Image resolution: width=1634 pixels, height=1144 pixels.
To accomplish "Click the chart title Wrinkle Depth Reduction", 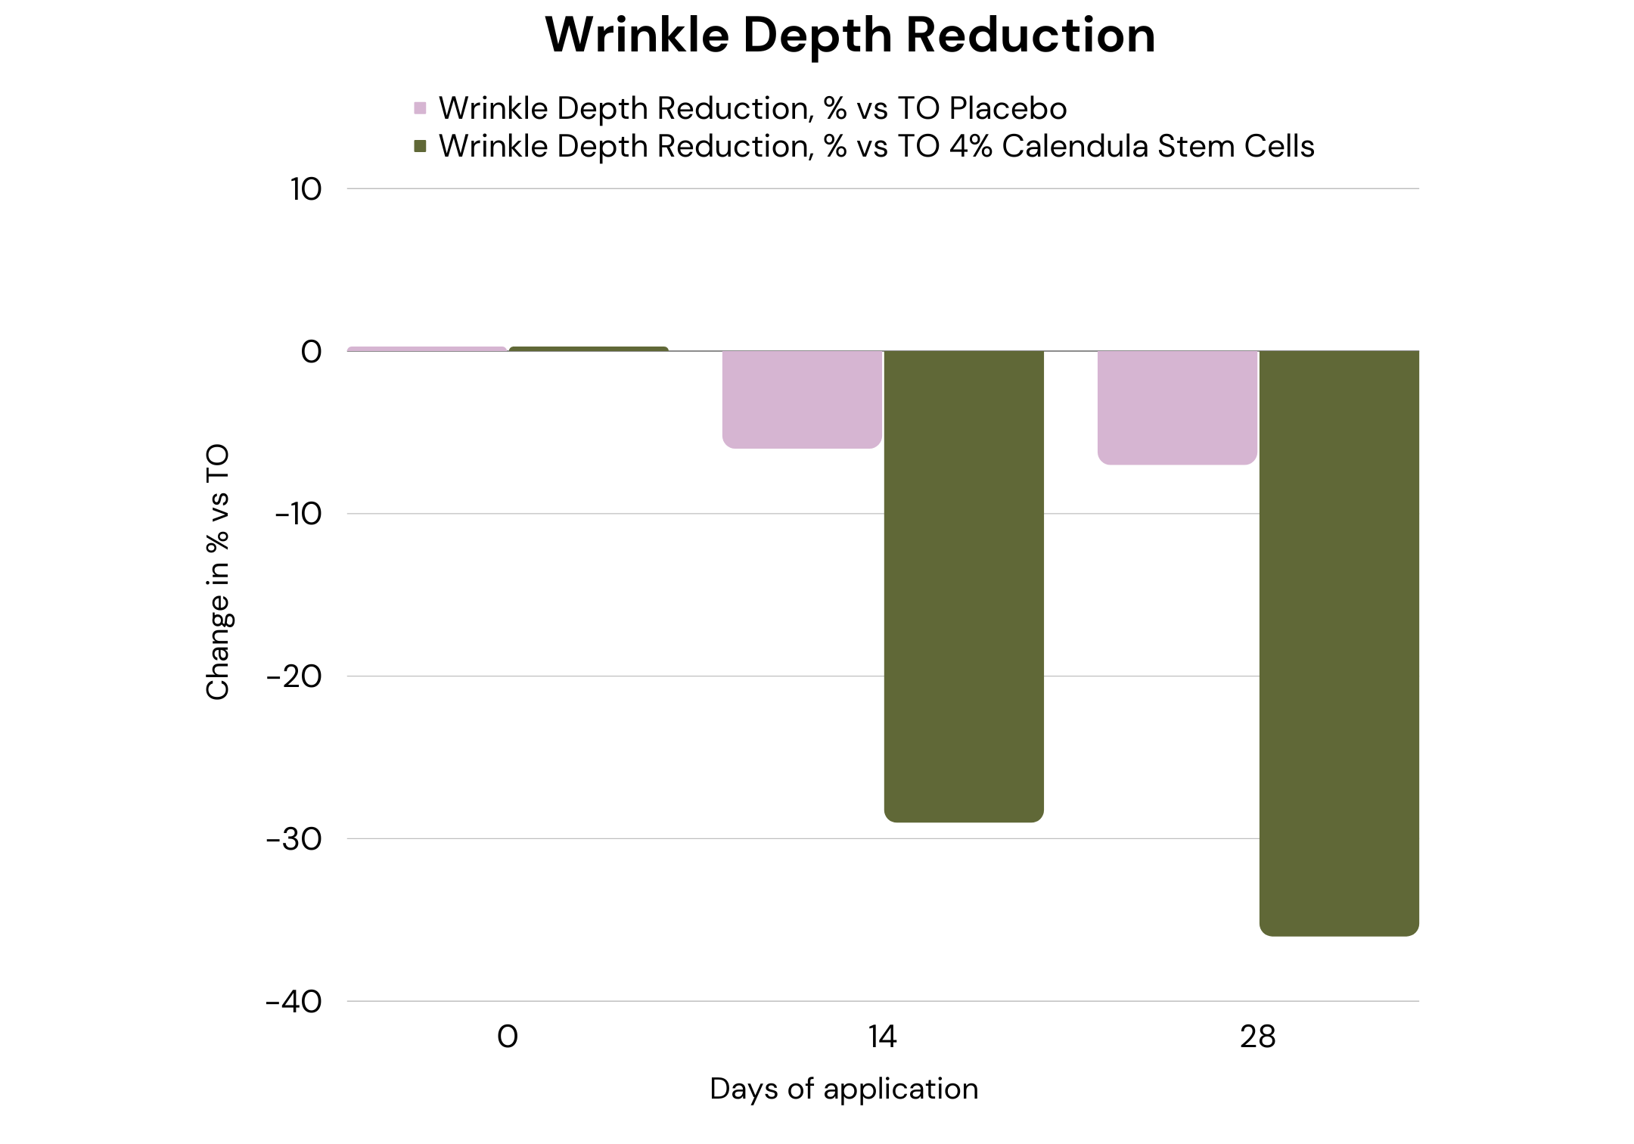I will tap(850, 35).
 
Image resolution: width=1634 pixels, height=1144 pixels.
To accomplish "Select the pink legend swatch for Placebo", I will tap(421, 108).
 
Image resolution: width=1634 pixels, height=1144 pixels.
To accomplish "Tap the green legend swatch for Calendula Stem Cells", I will tap(421, 146).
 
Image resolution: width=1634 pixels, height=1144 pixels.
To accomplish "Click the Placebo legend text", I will tap(753, 108).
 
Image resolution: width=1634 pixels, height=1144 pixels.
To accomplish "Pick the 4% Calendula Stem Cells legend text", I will tap(876, 146).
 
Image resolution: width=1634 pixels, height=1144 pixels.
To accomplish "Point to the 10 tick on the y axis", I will tap(306, 189).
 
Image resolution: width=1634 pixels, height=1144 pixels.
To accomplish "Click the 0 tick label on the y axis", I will tap(311, 352).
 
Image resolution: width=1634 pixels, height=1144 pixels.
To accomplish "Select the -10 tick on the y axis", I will tap(299, 514).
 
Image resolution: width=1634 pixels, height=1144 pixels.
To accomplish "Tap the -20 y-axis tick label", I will tap(294, 676).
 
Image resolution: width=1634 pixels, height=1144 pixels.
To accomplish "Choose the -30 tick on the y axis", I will tap(294, 839).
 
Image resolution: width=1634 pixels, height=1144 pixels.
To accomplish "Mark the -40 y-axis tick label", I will tap(294, 1002).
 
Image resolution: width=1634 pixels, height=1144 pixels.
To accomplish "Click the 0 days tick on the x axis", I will tap(508, 1037).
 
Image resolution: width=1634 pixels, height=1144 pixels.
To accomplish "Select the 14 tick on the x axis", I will tap(883, 1037).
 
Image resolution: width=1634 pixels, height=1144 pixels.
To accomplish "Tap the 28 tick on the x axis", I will tap(1257, 1037).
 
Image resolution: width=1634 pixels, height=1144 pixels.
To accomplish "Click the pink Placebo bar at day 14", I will tap(802, 399).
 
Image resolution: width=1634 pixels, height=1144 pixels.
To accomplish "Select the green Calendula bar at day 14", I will tap(964, 586).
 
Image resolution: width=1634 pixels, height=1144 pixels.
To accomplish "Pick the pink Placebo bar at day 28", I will tap(1177, 408).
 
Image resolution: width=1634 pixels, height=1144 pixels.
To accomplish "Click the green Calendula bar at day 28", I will tap(1339, 643).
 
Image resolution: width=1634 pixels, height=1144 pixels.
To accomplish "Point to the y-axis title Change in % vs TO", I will tap(217, 572).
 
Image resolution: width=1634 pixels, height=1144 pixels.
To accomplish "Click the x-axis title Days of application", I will tap(844, 1089).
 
